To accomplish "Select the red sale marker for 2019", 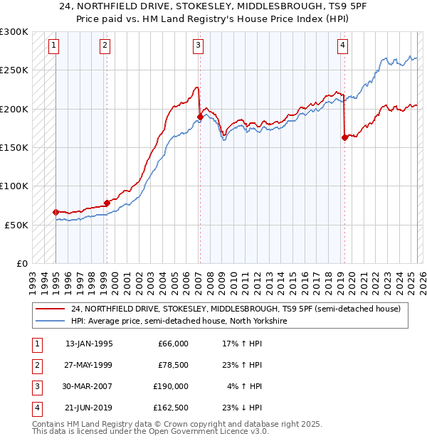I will (x=344, y=138).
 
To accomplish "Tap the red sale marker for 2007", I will (x=200, y=117).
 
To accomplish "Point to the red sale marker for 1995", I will (x=56, y=212).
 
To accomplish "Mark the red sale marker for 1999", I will (x=107, y=203).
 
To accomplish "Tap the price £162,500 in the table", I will (x=171, y=408).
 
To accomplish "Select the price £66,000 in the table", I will (x=173, y=344).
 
